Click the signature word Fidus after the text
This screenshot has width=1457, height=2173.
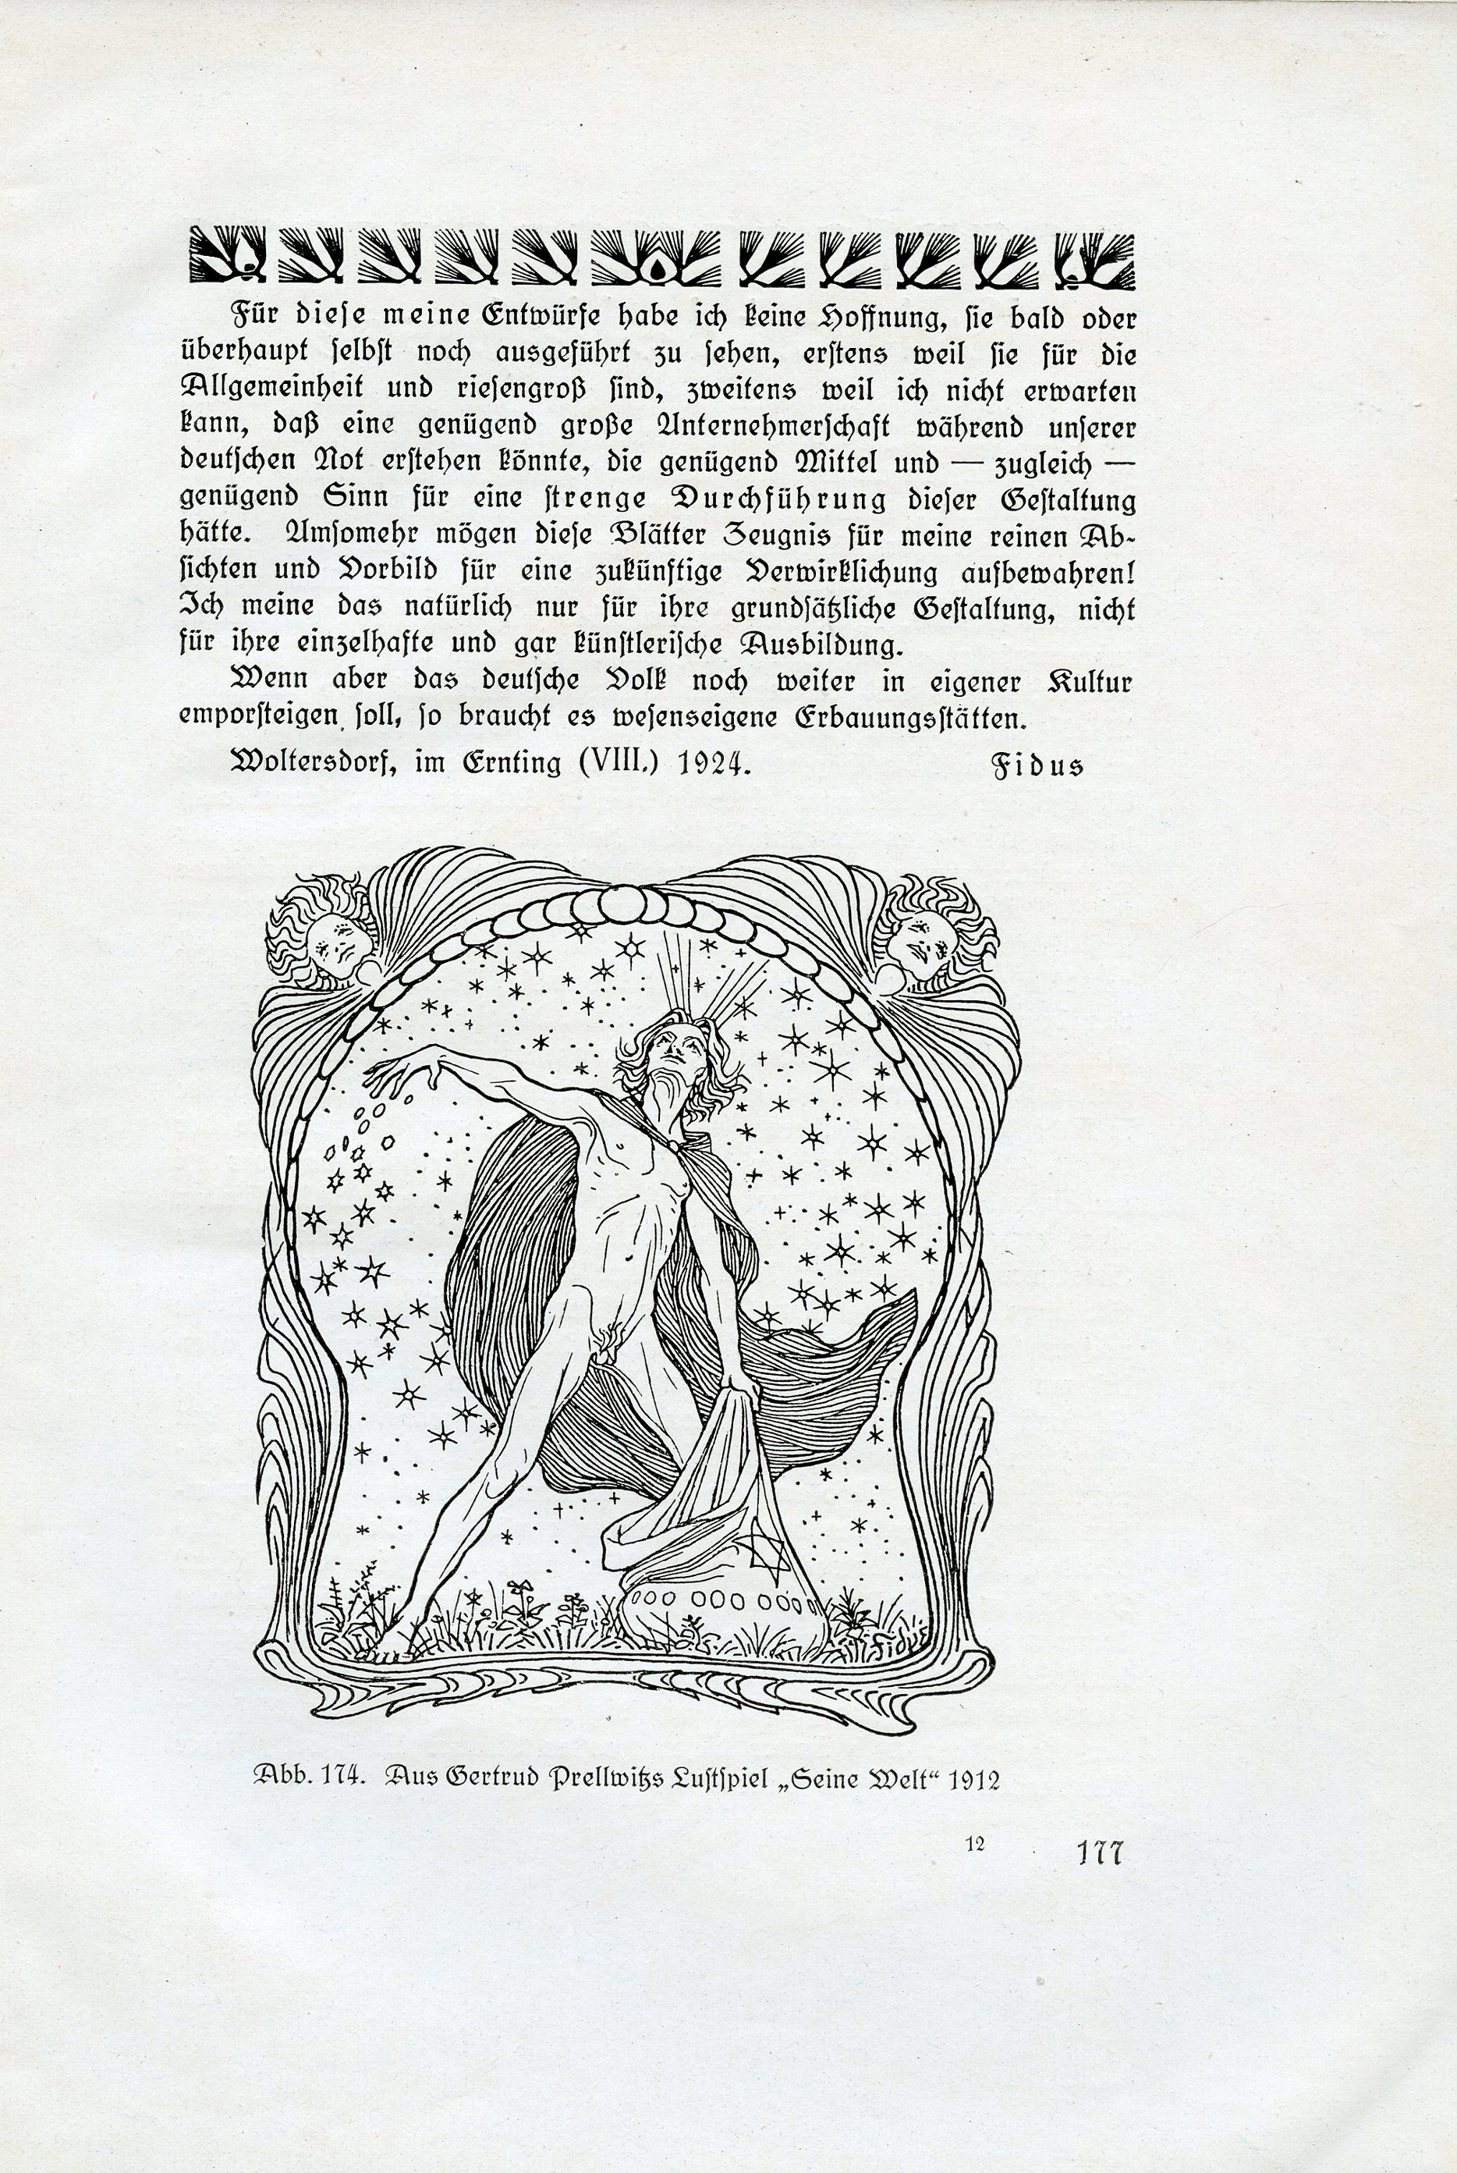point(1038,768)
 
